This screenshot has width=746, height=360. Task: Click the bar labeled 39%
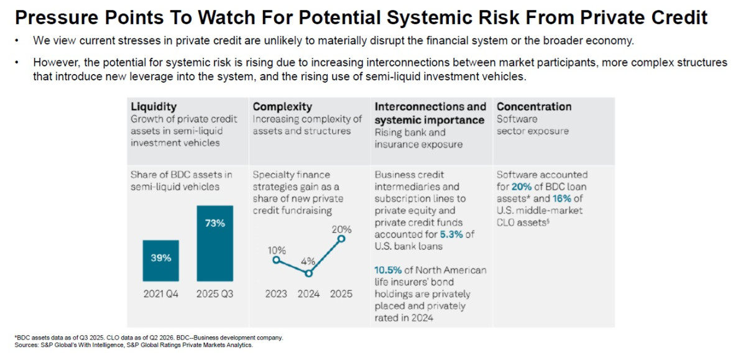click(x=161, y=261)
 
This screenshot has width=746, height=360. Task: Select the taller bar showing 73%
click(x=215, y=243)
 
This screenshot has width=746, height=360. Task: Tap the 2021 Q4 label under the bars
click(x=161, y=293)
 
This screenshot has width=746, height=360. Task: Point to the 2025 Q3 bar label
click(x=215, y=293)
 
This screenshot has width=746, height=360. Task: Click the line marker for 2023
click(x=276, y=260)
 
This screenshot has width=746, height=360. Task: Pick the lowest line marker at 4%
click(x=308, y=274)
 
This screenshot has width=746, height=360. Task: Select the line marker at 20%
click(x=341, y=239)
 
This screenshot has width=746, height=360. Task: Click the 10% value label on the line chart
click(x=277, y=250)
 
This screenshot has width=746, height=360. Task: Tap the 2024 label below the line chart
click(x=308, y=293)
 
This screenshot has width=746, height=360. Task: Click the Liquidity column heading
click(x=154, y=106)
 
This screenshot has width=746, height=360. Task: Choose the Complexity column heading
click(x=282, y=106)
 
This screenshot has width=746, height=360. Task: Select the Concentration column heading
click(x=534, y=106)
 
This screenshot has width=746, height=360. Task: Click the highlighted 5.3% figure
click(x=451, y=234)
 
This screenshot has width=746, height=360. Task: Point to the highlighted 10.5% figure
click(x=388, y=270)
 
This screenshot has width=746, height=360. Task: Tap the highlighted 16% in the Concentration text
click(x=562, y=198)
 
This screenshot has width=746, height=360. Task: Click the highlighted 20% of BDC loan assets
click(x=522, y=187)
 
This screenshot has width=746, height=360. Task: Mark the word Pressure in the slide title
click(x=57, y=17)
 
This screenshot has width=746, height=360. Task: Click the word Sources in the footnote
click(x=26, y=345)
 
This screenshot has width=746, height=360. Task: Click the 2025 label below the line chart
click(x=341, y=293)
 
